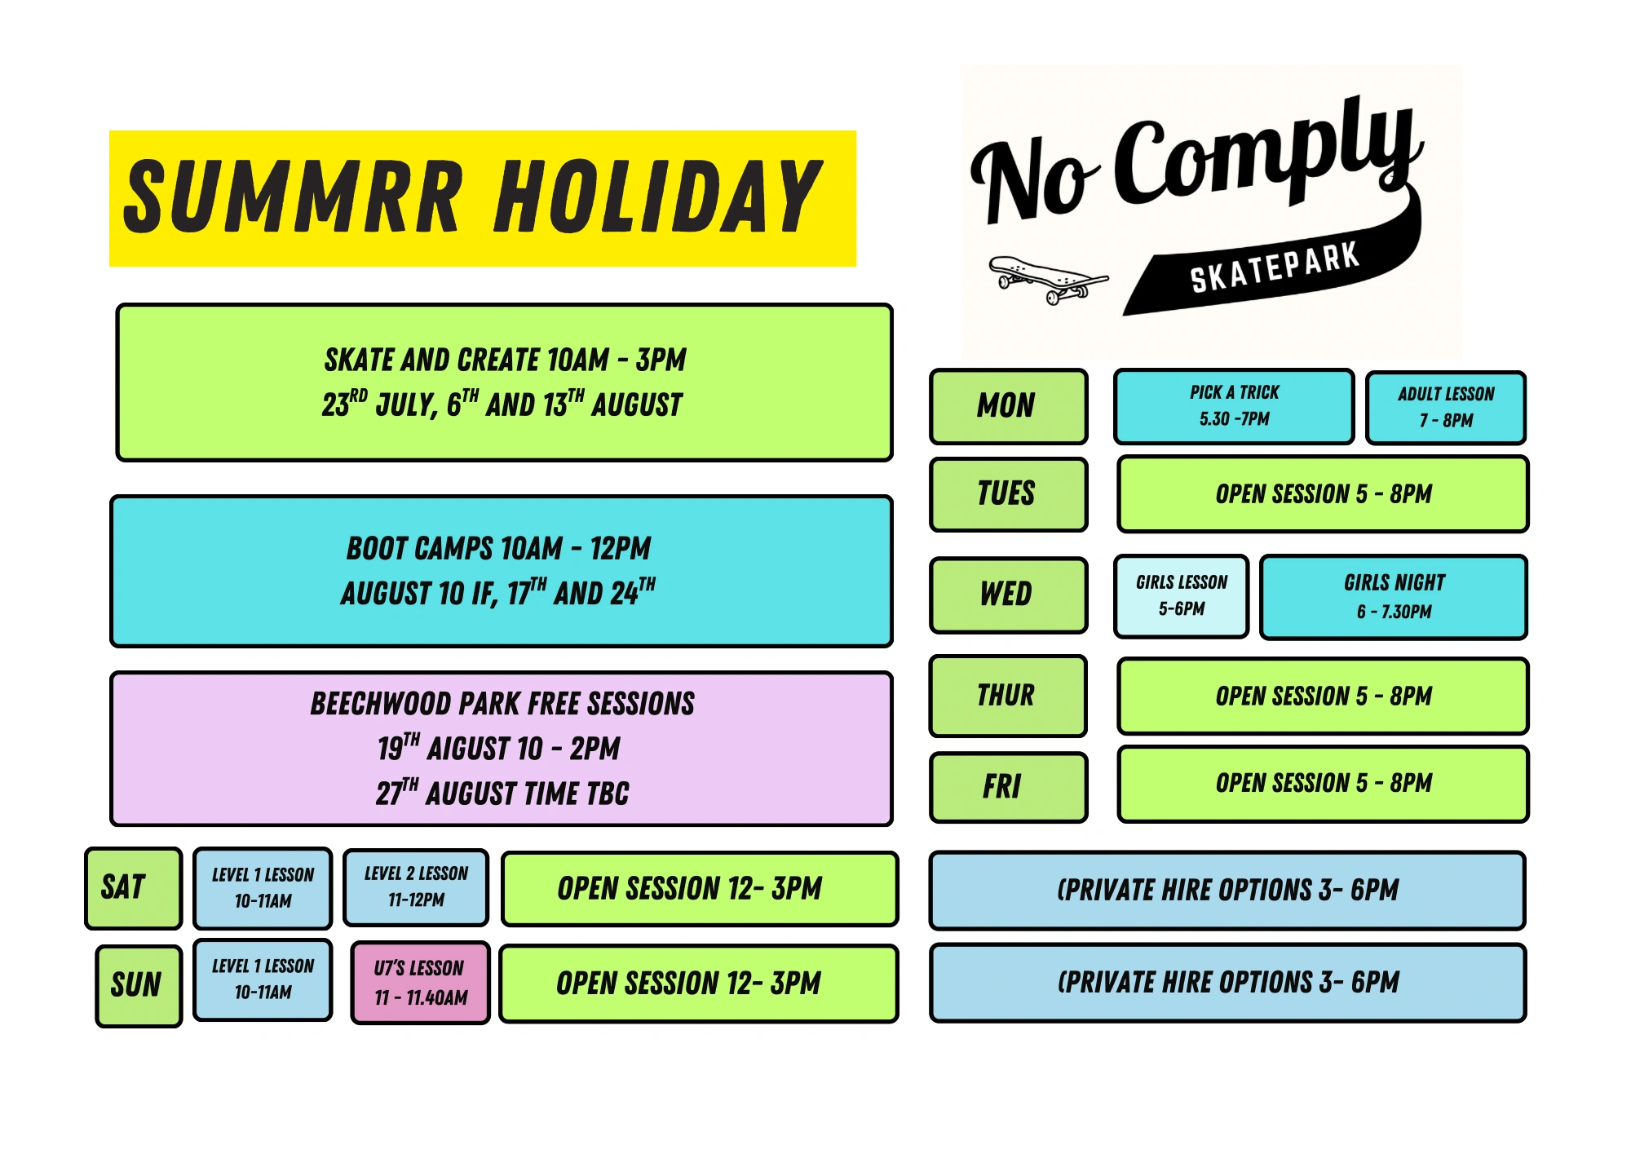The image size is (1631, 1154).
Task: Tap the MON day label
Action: pos(1009,406)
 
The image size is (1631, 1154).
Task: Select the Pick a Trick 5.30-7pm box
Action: pos(1234,406)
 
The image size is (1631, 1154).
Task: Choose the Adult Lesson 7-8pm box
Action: pos(1446,407)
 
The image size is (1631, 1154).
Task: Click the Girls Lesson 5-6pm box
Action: pos(1181,596)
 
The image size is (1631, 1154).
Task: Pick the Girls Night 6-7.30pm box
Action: pos(1394,597)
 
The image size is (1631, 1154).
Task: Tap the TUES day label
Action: pos(1009,494)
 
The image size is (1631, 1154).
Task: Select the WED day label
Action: pos(1009,595)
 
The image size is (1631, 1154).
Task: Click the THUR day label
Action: pos(1009,696)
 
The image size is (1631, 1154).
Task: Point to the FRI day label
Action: pos(1009,787)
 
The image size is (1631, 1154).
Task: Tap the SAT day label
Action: pos(133,888)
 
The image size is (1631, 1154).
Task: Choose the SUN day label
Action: pos(139,985)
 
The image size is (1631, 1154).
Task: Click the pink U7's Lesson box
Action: pos(420,983)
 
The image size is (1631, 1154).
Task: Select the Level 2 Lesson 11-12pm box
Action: pos(416,887)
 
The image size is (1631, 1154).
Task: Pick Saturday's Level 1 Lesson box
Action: pos(263,888)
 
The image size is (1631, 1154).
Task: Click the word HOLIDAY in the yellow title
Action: pos(659,197)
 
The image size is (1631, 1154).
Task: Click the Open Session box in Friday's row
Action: pos(1323,784)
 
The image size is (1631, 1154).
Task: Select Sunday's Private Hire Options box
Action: pos(1227,983)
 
